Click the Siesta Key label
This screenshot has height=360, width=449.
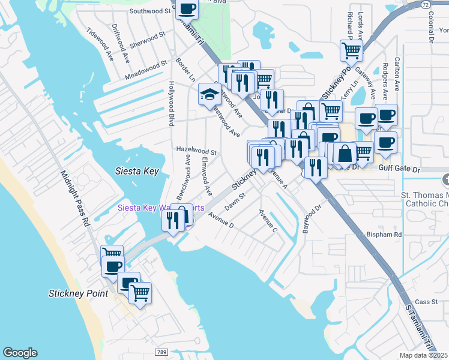(137, 172)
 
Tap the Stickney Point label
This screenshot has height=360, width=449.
(78, 293)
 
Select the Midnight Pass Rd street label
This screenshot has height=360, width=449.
(74, 199)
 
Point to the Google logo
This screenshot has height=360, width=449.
(20, 353)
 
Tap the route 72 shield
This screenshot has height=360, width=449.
(425, 4)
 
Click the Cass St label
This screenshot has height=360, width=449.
(426, 302)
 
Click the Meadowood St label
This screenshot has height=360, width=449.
(146, 70)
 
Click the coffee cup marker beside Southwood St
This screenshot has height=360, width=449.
(187, 10)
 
